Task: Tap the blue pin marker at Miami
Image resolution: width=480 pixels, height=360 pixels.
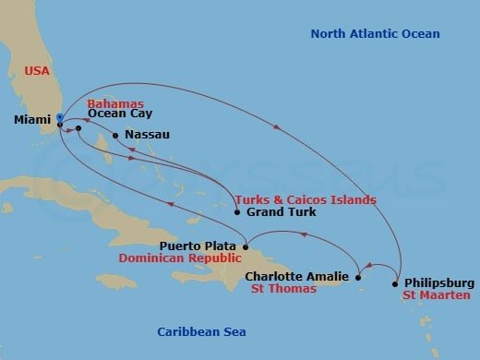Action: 59,117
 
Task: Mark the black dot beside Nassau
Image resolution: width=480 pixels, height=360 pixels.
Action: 114,137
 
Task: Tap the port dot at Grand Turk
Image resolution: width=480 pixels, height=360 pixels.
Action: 238,213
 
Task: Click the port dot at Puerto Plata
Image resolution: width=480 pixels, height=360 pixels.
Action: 246,246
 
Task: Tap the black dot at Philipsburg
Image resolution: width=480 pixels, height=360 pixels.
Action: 396,282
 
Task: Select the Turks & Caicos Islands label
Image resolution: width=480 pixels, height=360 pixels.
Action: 305,199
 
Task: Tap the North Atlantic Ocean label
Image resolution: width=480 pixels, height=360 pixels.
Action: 374,34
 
